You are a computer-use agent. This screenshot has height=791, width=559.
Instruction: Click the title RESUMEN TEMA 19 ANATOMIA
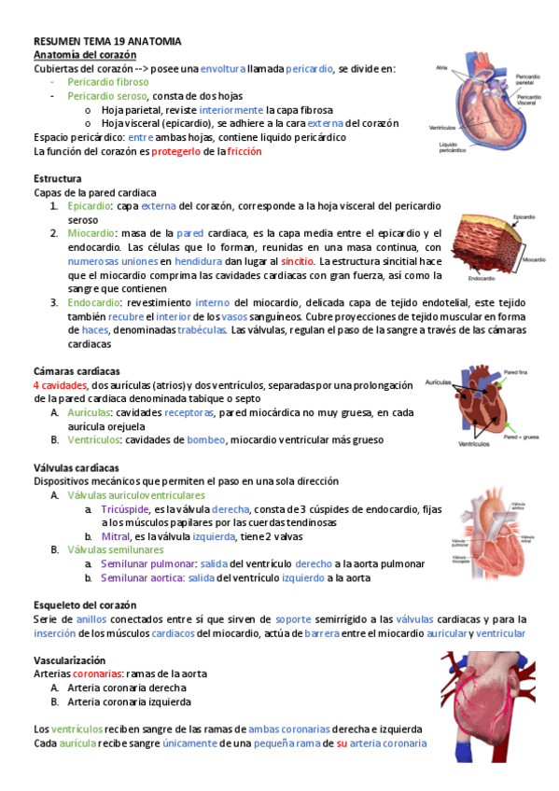tap(106, 42)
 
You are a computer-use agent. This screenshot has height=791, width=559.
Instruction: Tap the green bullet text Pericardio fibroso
tap(107, 82)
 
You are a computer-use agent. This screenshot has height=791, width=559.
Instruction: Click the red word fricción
tap(244, 151)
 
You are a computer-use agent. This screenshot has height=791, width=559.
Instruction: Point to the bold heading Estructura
tap(57, 178)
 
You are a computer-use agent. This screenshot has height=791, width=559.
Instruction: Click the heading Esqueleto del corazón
tap(85, 604)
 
